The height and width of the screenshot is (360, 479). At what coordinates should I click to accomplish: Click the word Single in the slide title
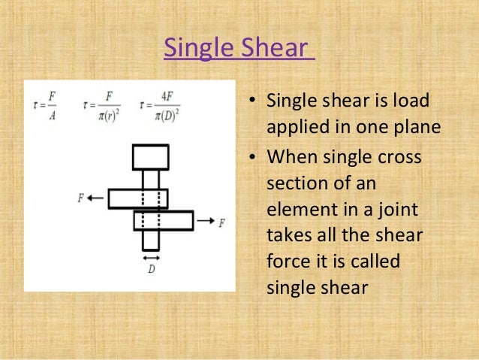click(x=194, y=49)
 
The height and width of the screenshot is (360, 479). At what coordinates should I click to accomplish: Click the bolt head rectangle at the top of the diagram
click(x=150, y=157)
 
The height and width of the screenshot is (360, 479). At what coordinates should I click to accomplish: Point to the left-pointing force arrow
click(x=95, y=198)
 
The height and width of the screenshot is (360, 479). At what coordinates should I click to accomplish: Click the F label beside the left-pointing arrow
click(x=80, y=198)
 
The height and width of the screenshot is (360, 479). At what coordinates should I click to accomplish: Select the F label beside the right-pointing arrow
click(x=221, y=222)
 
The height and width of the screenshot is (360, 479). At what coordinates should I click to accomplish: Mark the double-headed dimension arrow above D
click(x=151, y=257)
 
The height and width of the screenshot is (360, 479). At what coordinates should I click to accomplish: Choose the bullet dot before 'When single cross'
click(x=255, y=159)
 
